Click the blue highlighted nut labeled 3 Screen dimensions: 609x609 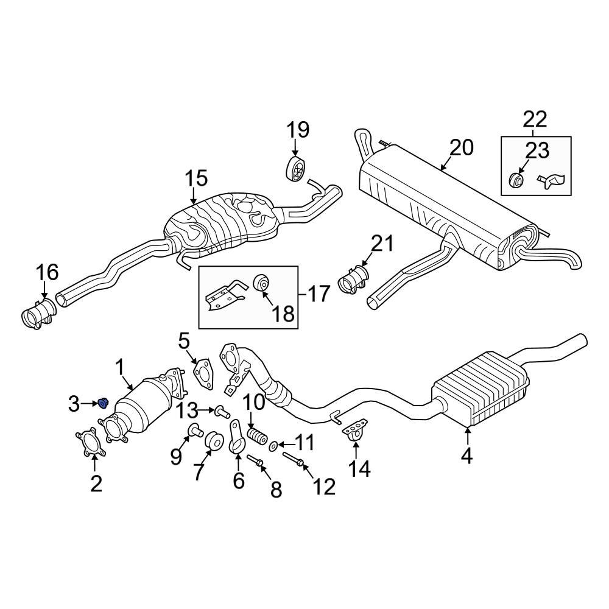coord(103,402)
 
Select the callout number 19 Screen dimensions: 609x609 coord(298,130)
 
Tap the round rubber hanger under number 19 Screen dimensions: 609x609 coord(295,169)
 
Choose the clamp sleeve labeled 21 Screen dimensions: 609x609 coord(352,281)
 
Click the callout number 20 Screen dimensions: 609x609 coord(461,147)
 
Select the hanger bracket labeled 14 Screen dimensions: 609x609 coord(354,429)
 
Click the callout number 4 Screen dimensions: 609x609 coord(466,455)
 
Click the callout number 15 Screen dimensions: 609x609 coord(197,178)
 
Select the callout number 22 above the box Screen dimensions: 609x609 coord(533,118)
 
